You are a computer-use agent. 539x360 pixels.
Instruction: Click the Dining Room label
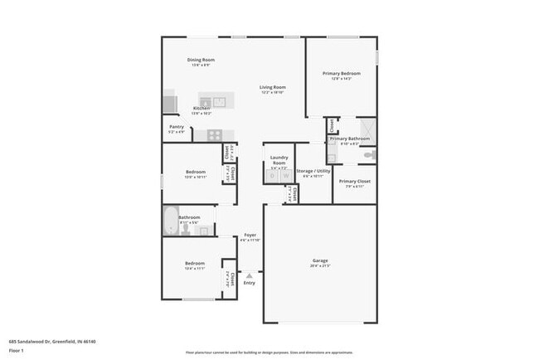click(x=201, y=60)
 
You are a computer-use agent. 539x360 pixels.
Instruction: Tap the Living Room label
click(x=272, y=87)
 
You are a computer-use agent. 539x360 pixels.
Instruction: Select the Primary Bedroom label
click(x=342, y=73)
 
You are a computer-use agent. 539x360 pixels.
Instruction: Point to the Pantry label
click(x=176, y=127)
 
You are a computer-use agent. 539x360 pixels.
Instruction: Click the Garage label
click(x=320, y=260)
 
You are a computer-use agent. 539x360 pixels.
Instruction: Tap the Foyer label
click(x=250, y=236)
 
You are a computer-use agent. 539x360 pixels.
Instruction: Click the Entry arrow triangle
click(x=249, y=275)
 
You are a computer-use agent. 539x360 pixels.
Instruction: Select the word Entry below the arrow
click(x=249, y=283)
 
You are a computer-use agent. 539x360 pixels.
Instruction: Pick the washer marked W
click(x=285, y=176)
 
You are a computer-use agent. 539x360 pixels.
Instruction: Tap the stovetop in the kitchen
click(x=214, y=134)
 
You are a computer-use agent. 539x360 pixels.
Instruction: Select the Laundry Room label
click(x=279, y=158)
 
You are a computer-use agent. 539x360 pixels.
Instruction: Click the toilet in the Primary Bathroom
click(x=371, y=154)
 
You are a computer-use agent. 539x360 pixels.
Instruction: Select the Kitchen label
click(x=202, y=109)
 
